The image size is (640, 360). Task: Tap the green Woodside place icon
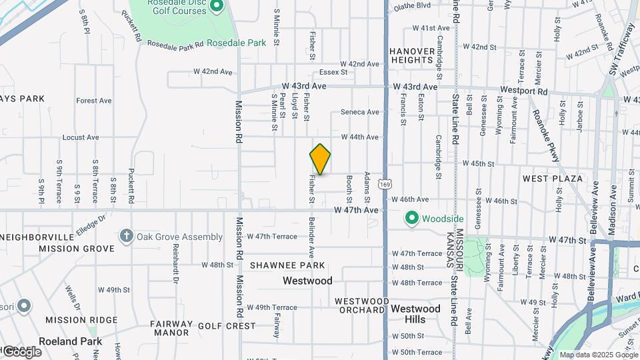[412, 218]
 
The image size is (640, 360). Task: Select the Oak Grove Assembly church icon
[126, 236]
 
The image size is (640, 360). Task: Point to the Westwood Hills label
[415, 314]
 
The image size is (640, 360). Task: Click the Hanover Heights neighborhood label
[412, 55]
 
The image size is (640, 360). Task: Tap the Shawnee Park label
[287, 265]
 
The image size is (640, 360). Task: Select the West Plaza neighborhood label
[553, 179]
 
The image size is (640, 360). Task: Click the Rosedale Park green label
[236, 43]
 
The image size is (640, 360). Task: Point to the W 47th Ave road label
[357, 211]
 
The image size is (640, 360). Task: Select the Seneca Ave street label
[360, 112]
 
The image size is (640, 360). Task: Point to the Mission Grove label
[77, 249]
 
